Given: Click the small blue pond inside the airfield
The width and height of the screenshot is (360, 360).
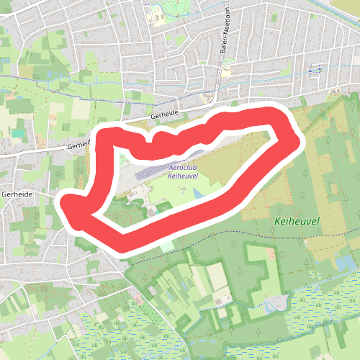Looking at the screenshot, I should coord(197,193).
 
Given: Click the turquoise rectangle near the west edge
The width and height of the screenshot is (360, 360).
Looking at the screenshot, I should coord(17,132).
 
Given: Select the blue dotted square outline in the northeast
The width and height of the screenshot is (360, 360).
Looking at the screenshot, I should coord(313,70).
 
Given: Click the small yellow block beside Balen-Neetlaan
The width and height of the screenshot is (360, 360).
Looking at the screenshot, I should coord(226,72).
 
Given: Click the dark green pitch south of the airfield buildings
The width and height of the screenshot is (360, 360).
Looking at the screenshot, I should coord(163,209).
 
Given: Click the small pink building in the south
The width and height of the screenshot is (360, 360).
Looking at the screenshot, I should coord(136,297).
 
